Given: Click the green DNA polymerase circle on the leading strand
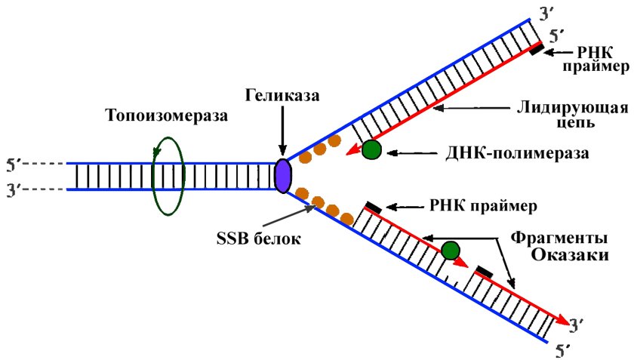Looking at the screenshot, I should (371, 149).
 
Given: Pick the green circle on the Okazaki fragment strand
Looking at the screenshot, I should (451, 250).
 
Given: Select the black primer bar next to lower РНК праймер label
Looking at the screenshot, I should (372, 206).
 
